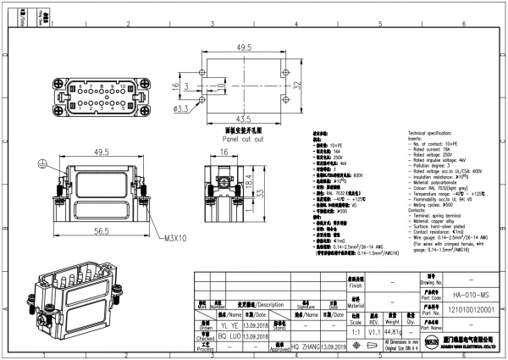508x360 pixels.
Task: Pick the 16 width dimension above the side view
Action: point(224,152)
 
